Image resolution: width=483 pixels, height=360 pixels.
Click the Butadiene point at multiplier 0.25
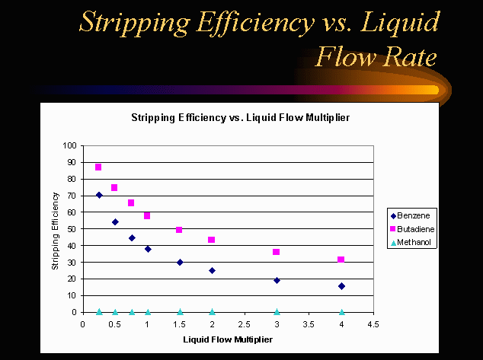pos(98,167)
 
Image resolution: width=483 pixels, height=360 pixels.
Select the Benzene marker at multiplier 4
pos(341,286)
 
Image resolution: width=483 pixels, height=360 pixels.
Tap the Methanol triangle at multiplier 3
pos(277,311)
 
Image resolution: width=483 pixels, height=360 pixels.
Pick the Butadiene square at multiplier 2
pos(212,240)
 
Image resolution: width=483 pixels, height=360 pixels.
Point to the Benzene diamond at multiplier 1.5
pos(180,262)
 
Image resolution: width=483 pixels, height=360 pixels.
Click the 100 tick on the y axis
pos(71,145)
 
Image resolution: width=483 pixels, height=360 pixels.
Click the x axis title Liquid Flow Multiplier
pos(228,339)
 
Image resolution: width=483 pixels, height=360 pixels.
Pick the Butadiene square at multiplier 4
pos(341,260)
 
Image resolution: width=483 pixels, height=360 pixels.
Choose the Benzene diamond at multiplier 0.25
pos(99,195)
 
